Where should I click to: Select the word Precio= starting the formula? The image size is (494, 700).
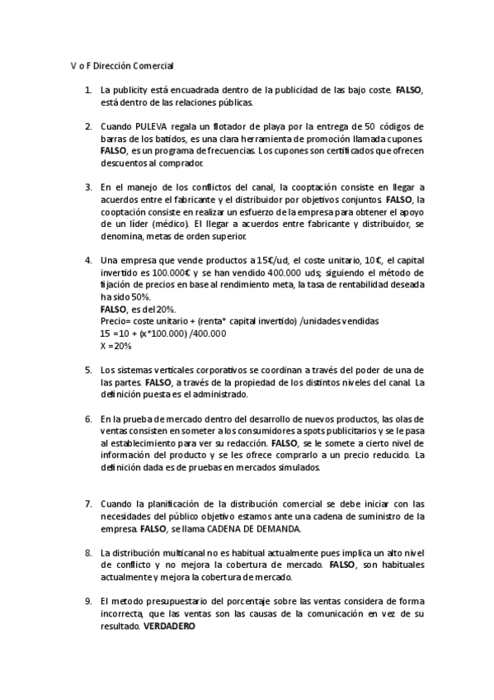116,320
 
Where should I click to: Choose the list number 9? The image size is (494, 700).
88,601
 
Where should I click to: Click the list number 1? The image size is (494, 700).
88,89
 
